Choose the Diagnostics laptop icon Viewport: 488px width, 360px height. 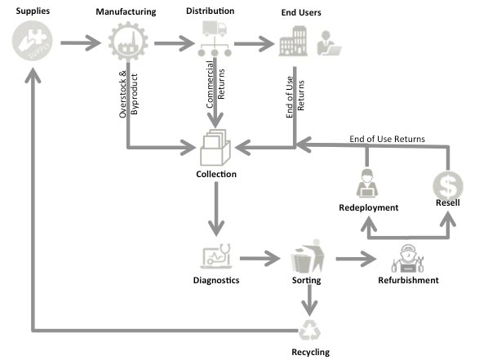pyautogui.click(x=216, y=258)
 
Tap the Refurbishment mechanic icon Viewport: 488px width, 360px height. pyautogui.click(x=407, y=258)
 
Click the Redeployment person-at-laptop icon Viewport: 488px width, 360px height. pyautogui.click(x=368, y=184)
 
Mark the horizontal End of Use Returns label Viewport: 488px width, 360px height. pyautogui.click(x=386, y=139)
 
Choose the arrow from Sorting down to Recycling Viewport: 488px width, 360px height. pyautogui.click(x=308, y=300)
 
